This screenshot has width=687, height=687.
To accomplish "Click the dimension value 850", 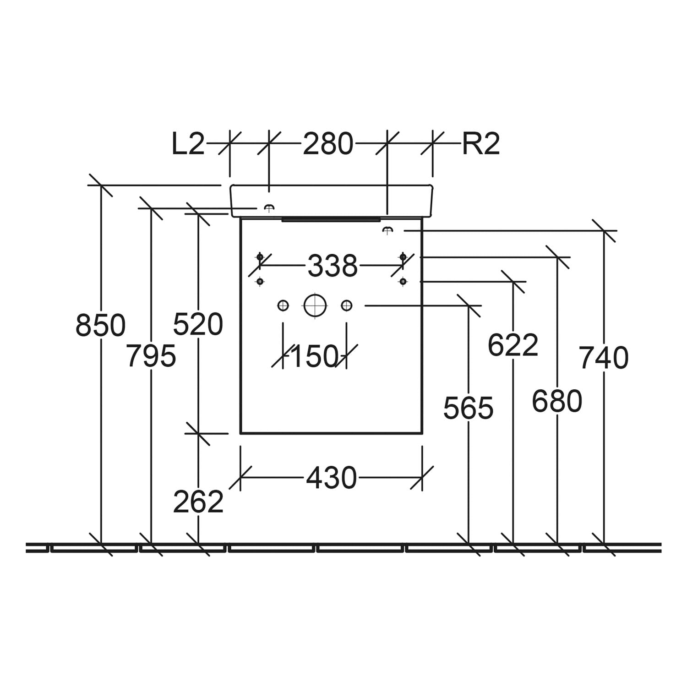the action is click(100, 325).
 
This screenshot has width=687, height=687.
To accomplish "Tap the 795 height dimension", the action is click(151, 355).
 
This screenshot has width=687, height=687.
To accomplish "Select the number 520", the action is click(198, 324).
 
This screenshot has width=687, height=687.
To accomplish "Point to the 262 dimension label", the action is click(198, 502).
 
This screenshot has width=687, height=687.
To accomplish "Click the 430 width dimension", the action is click(331, 478).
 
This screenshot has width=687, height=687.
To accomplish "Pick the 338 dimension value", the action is click(332, 266).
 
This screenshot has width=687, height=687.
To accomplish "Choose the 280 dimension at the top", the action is click(328, 143).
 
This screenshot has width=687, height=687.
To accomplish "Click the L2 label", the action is click(188, 143).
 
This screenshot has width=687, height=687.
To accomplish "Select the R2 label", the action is click(480, 143).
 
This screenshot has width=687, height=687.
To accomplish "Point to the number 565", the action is click(469, 408).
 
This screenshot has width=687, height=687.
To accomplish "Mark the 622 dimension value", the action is click(513, 345).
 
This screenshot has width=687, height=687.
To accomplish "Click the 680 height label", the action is click(557, 401).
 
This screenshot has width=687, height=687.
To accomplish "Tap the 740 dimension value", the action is click(604, 358).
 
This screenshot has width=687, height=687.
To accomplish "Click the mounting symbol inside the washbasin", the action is click(269, 207).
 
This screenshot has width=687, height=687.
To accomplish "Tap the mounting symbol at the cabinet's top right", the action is click(387, 229).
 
